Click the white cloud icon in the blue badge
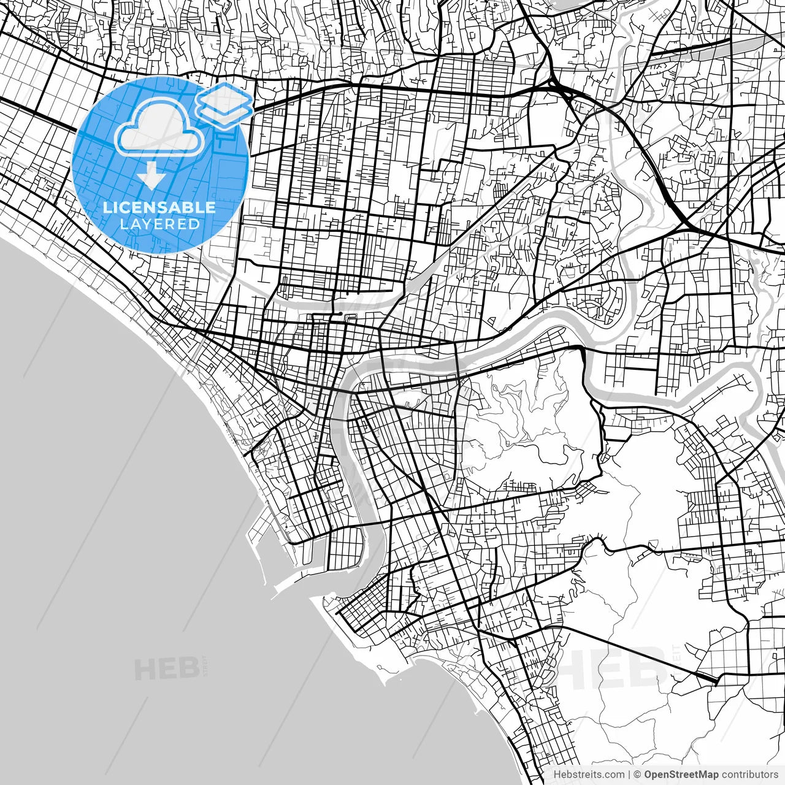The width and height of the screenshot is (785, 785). pyautogui.click(x=160, y=128)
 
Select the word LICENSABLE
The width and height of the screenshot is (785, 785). pyautogui.click(x=159, y=207)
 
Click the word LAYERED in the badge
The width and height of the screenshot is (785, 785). pyautogui.click(x=159, y=224)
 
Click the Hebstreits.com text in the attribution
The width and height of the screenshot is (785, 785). pyautogui.click(x=589, y=775)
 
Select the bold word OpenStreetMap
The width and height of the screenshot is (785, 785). pyautogui.click(x=681, y=775)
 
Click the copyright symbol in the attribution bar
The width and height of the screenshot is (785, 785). pyautogui.click(x=637, y=775)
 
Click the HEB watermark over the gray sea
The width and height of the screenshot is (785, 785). pyautogui.click(x=167, y=669)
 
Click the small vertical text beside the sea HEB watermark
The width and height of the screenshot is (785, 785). pyautogui.click(x=205, y=665)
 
